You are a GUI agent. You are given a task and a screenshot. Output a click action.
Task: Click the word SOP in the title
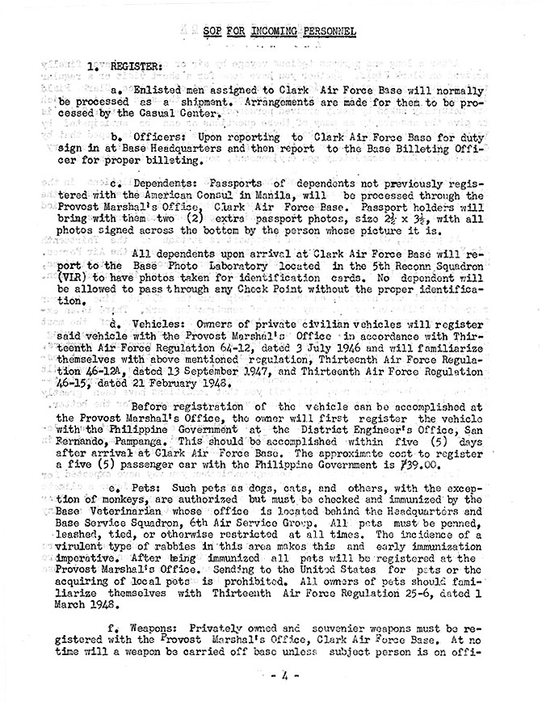pyautogui.click(x=215, y=32)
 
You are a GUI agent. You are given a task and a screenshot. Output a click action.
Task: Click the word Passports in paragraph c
pyautogui.click(x=237, y=183)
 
